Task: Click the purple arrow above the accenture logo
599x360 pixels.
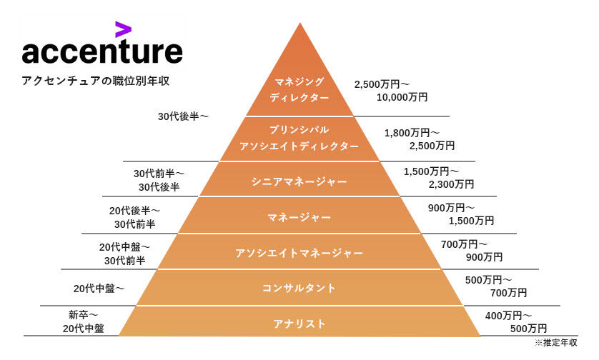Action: (x=123, y=29)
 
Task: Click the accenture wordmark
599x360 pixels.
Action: (x=102, y=53)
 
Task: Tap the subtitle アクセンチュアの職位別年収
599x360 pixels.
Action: (x=95, y=81)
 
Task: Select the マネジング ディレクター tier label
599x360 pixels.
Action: (x=299, y=89)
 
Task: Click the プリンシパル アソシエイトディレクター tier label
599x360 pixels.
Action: (x=299, y=138)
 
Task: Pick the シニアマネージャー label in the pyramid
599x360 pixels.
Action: (x=299, y=181)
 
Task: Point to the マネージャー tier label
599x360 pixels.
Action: (x=299, y=216)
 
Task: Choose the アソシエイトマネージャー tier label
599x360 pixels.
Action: (x=299, y=253)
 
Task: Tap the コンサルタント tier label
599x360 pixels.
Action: (x=299, y=288)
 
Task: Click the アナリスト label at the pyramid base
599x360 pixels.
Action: (x=299, y=324)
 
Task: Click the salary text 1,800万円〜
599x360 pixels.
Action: (x=412, y=133)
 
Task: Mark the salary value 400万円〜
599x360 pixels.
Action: (x=508, y=315)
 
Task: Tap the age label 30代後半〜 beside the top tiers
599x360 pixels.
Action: (x=183, y=116)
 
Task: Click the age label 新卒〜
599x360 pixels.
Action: (x=83, y=315)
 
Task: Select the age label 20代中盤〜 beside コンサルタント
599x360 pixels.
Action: (x=99, y=289)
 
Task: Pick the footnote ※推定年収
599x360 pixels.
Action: (x=555, y=343)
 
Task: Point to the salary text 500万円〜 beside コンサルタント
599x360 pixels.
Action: (x=488, y=280)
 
